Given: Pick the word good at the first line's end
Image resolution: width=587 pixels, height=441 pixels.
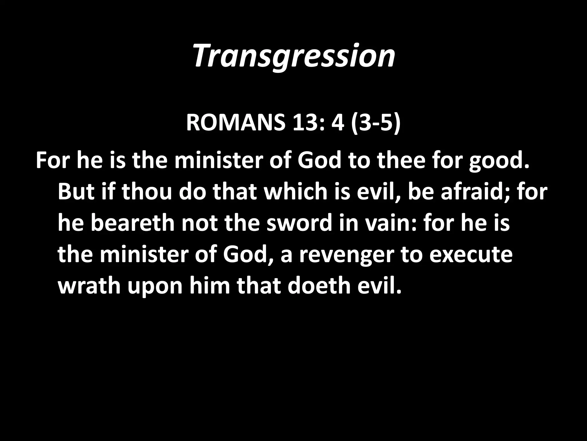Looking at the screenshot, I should [x=499, y=161].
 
